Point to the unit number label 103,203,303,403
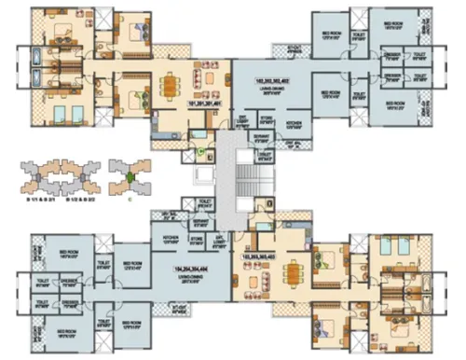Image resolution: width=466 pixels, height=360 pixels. (265, 254)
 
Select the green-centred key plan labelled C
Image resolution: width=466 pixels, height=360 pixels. (128, 174)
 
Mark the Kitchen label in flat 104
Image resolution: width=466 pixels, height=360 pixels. (171, 237)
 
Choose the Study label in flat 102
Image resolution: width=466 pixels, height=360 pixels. (240, 121)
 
